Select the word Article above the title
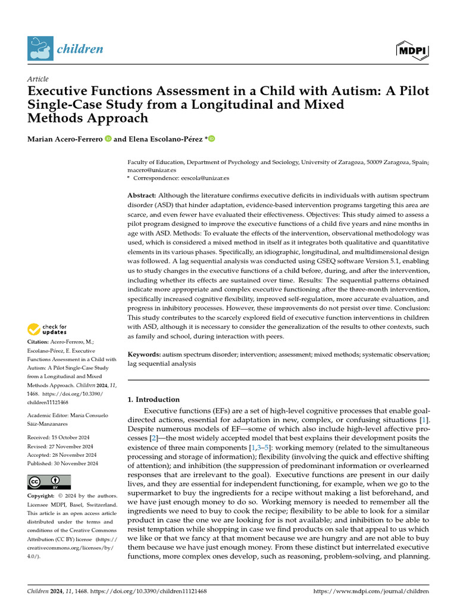click(37, 79)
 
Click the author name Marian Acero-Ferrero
click(64, 139)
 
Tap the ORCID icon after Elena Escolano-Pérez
click(211, 139)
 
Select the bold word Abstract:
click(142, 196)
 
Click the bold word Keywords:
click(144, 354)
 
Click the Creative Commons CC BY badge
click(49, 482)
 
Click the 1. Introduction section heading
click(154, 400)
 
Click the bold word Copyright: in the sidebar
click(42, 496)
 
